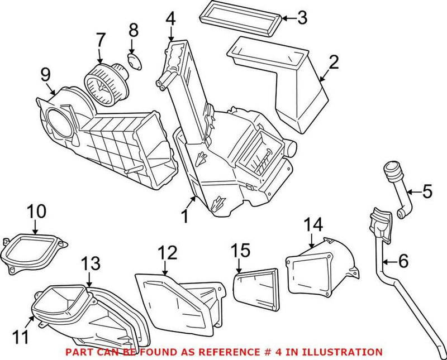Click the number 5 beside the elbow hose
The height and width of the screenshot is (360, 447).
click(427, 193)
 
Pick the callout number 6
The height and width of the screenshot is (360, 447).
click(403, 260)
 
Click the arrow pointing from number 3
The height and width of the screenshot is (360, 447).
click(287, 18)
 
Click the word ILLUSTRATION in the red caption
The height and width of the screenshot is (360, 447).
click(344, 352)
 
